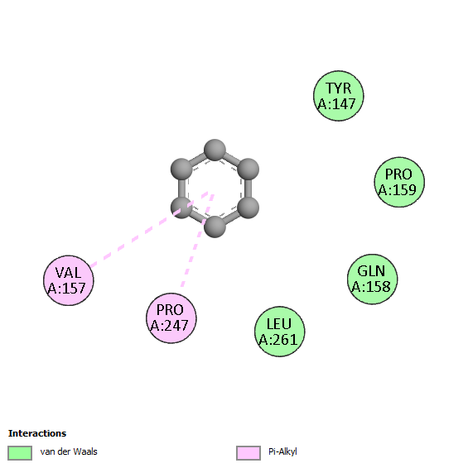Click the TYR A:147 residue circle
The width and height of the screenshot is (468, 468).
339,96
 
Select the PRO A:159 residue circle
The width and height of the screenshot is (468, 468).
399,182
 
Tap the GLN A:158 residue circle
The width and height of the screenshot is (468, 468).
372,279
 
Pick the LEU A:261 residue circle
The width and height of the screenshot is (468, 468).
280,332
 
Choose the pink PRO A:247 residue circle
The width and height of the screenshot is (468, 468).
171,318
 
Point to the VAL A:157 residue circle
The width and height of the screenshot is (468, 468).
69,280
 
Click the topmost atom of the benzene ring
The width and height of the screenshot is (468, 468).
215,150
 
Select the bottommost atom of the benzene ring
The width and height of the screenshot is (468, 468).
215,227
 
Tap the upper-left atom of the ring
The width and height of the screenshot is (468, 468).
181,170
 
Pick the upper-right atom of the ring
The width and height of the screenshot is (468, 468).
248,170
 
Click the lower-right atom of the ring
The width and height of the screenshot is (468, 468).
248,208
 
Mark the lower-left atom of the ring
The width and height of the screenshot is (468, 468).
181,208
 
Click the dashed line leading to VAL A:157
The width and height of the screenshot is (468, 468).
149,229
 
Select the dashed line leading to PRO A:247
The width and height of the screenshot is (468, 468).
197,241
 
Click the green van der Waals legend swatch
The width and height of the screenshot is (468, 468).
20,453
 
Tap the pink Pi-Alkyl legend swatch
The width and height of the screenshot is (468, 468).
248,453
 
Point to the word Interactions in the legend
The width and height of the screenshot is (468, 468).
37,433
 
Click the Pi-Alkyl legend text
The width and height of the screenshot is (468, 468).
282,452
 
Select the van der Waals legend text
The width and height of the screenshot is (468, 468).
69,451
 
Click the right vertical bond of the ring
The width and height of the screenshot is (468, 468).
248,189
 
